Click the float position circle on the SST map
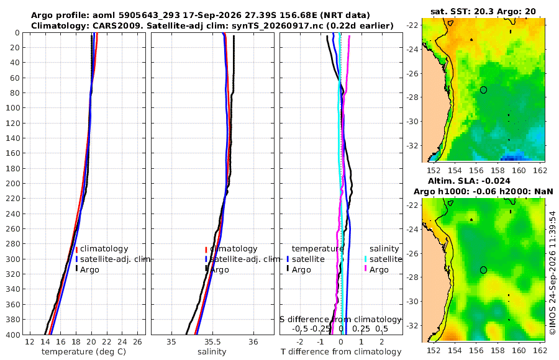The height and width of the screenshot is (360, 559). pyautogui.click(x=483, y=90)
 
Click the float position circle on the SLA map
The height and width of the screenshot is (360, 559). pyautogui.click(x=483, y=270)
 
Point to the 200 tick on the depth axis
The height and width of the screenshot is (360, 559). pyautogui.click(x=13, y=183)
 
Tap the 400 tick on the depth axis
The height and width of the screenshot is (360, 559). pyautogui.click(x=13, y=335)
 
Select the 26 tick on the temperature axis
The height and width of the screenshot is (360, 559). pyautogui.click(x=138, y=342)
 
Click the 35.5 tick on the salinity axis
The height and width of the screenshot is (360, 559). pyautogui.click(x=212, y=342)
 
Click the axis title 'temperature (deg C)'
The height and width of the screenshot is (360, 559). pyautogui.click(x=84, y=352)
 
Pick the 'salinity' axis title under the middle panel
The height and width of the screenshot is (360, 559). pyautogui.click(x=212, y=352)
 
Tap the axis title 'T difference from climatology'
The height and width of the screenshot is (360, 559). pyautogui.click(x=341, y=352)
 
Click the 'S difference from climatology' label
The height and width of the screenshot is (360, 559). pyautogui.click(x=341, y=319)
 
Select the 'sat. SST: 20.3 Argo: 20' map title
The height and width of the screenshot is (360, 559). pyautogui.click(x=483, y=11)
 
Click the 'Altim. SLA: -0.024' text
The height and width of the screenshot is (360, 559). pyautogui.click(x=469, y=181)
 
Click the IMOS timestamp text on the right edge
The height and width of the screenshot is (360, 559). pyautogui.click(x=553, y=272)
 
